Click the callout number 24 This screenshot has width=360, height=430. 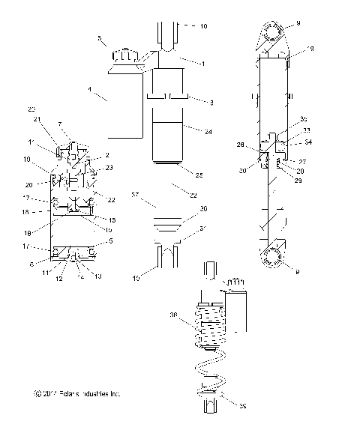(x=208, y=131)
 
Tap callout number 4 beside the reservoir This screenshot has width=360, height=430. (x=90, y=89)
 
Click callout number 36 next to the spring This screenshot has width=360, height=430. (x=173, y=315)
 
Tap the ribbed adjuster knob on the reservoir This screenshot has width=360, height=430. (x=124, y=55)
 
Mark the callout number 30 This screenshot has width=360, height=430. (x=204, y=209)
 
